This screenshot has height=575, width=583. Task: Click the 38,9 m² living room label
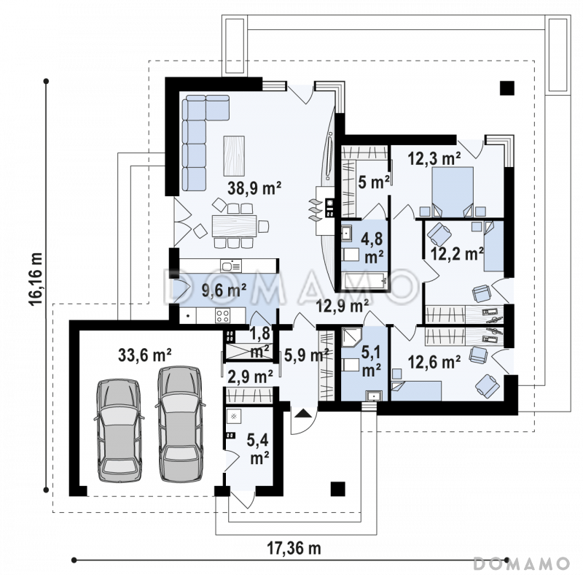point(254,188)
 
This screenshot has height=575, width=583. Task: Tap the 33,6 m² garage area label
point(144,355)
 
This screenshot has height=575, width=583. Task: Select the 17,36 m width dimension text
point(294,548)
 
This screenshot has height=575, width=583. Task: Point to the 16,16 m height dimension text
point(36,279)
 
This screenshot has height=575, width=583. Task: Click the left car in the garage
point(119,431)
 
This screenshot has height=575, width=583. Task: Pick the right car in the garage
point(180,424)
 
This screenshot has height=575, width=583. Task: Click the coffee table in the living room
point(234,155)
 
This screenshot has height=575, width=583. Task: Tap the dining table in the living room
point(234,225)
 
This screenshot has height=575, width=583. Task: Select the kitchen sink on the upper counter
point(231,266)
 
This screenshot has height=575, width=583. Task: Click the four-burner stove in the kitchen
point(223,316)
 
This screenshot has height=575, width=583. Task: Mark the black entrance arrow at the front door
point(303,412)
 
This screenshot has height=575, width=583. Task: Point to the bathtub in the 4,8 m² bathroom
point(365,281)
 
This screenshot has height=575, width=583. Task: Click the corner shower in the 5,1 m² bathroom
point(352,337)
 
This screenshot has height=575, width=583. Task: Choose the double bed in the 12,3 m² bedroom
point(453,191)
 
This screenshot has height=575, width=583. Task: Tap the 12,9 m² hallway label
point(343,306)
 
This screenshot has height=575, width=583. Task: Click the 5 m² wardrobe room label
point(374,182)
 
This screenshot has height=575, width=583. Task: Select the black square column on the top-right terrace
point(506,88)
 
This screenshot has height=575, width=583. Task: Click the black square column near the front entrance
point(337,489)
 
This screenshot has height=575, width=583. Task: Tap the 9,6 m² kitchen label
point(224,290)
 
